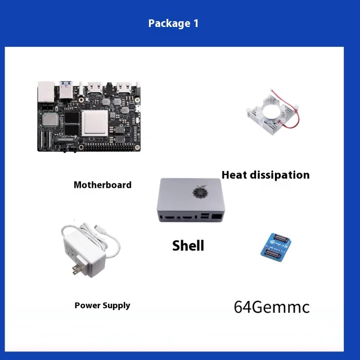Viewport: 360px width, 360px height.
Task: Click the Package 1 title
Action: pyautogui.click(x=173, y=24)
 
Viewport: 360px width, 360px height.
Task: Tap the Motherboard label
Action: pyautogui.click(x=102, y=184)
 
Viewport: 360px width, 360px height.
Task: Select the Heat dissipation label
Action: pyautogui.click(x=265, y=175)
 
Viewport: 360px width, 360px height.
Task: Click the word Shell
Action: pyautogui.click(x=188, y=245)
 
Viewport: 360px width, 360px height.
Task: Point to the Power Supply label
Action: pyautogui.click(x=102, y=305)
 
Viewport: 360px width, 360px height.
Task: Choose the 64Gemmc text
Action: pyautogui.click(x=272, y=307)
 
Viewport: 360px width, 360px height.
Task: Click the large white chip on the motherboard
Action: pyautogui.click(x=95, y=123)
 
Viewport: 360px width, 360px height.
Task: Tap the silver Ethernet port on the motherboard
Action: pyautogui.click(x=46, y=92)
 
